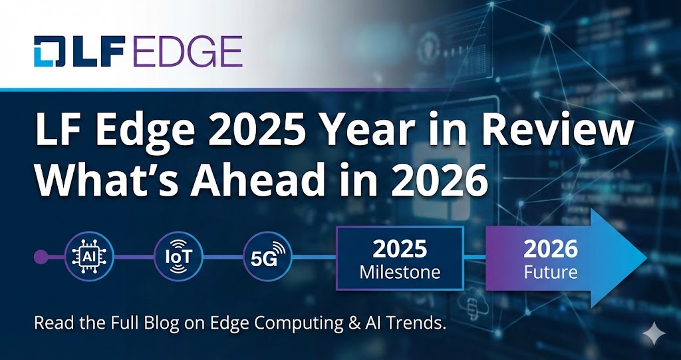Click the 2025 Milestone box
tap(399, 258)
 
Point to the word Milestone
tap(399, 272)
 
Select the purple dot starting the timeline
tap(41, 256)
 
